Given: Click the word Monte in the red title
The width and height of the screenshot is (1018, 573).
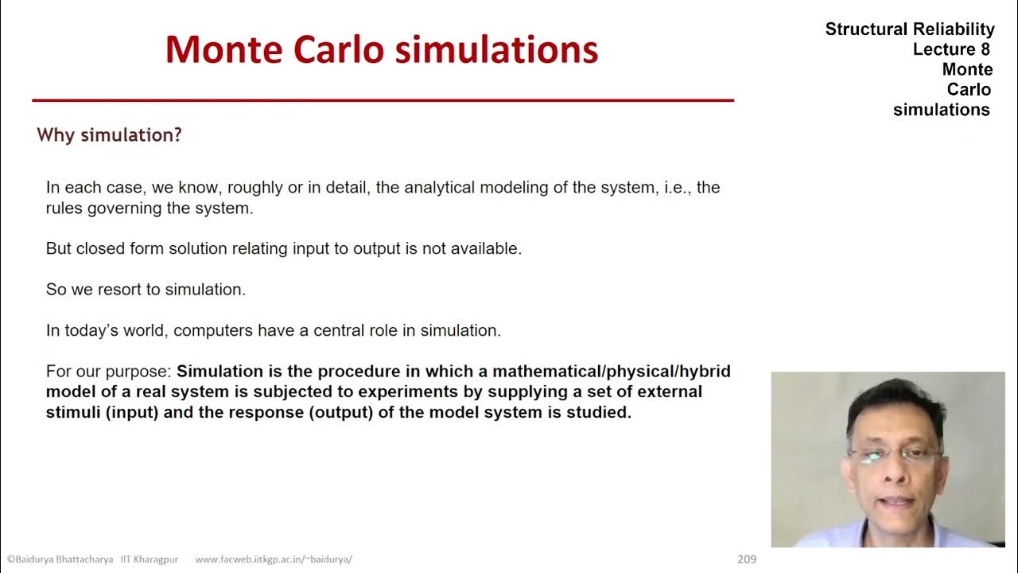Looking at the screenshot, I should click(224, 49).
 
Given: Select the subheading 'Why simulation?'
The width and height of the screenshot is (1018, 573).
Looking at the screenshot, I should click(110, 135).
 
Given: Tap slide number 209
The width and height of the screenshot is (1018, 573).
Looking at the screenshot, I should click(747, 559).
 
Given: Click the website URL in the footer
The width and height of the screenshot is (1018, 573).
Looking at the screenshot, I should click(274, 559).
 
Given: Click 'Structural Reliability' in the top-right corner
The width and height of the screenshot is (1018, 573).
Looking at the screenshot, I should click(910, 29).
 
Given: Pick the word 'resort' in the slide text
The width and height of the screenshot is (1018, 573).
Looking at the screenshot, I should click(119, 290).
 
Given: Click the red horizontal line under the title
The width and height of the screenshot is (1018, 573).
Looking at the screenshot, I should click(383, 100).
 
